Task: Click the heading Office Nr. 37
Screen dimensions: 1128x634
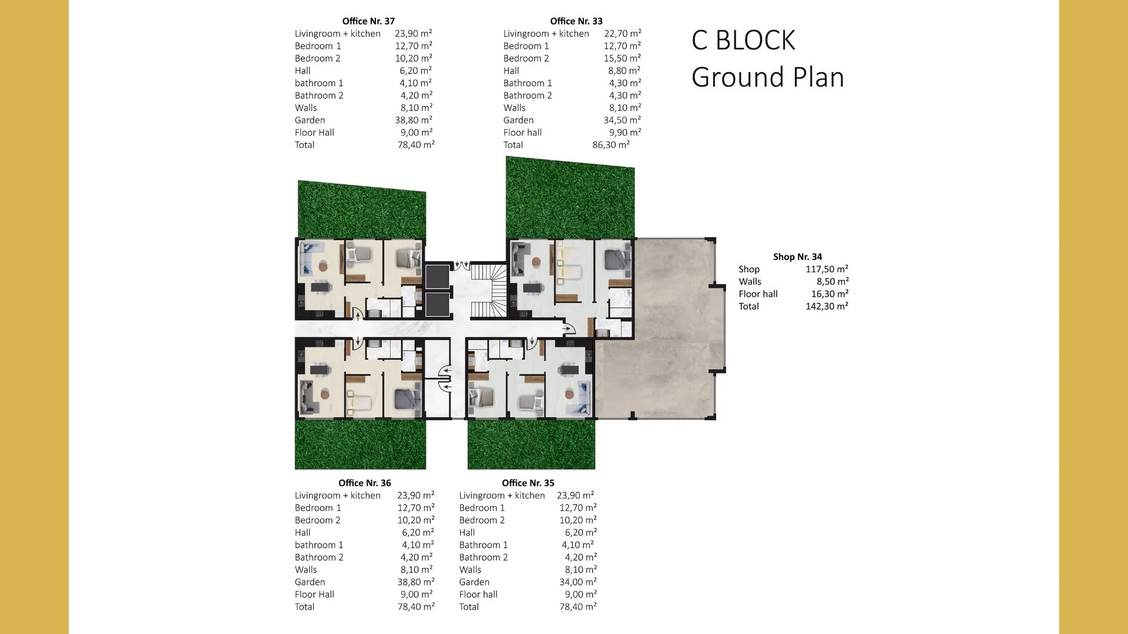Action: coord(368,21)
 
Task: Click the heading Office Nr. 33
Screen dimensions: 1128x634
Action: coord(576,21)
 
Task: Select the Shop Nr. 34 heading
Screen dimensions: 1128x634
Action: coord(797,257)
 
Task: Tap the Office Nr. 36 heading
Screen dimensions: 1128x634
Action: coord(364,483)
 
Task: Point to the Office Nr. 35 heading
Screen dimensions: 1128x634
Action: coord(528,483)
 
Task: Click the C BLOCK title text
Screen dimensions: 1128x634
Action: coord(743,41)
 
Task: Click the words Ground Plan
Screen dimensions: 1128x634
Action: coord(768,77)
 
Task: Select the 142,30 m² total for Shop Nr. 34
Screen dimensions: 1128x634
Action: coord(827,306)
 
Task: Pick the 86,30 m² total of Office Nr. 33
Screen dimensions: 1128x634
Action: coord(611,145)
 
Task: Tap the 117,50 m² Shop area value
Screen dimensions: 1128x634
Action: coord(827,269)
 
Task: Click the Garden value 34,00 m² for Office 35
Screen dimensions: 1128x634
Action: coord(578,582)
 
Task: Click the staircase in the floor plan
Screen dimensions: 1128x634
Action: coord(488,290)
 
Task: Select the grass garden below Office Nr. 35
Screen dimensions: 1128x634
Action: coord(531,444)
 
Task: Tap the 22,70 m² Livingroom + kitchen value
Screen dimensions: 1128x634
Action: coord(623,34)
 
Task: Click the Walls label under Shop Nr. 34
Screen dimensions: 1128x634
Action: coord(750,282)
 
